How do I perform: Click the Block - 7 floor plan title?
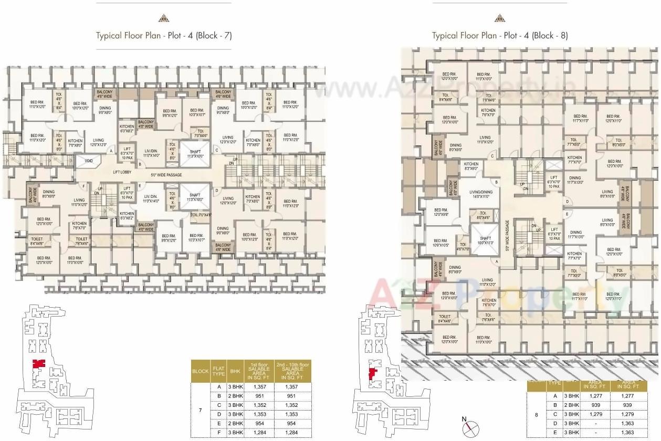[163, 36]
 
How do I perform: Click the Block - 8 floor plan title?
[499, 36]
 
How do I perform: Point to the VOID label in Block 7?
[89, 161]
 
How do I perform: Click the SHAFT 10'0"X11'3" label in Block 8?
[485, 240]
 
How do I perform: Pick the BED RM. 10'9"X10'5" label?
[441, 242]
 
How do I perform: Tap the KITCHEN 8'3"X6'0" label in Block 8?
[471, 166]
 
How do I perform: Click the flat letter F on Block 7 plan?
[82, 186]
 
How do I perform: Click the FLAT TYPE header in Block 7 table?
[218, 370]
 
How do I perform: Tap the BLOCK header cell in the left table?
[200, 371]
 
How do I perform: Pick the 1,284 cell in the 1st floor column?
[257, 432]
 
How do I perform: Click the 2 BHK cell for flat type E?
[234, 423]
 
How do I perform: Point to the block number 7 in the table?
[200, 409]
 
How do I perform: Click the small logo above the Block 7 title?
[163, 17]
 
